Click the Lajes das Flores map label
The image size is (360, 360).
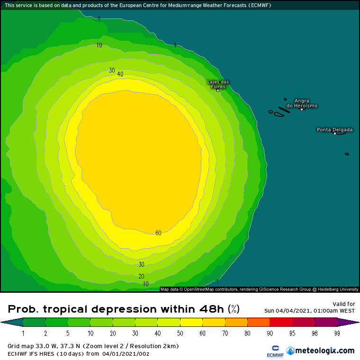[218, 84]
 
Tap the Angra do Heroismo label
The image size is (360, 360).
[306, 103]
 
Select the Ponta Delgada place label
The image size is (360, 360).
[334, 129]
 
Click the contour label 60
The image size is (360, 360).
[158, 233]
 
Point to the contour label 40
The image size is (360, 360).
[120, 74]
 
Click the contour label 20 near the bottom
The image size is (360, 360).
[141, 276]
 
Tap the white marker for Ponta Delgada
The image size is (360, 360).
[335, 134]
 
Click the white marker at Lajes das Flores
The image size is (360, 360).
[218, 90]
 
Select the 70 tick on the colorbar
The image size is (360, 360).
[225, 333]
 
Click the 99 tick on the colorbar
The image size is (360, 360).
[337, 333]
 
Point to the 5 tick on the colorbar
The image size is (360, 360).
[67, 333]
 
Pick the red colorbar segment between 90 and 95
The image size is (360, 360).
[280, 323]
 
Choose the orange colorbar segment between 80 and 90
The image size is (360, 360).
[258, 323]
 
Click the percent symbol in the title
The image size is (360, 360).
[234, 309]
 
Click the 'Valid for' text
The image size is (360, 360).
[343, 304]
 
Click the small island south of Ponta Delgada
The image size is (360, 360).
[347, 154]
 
